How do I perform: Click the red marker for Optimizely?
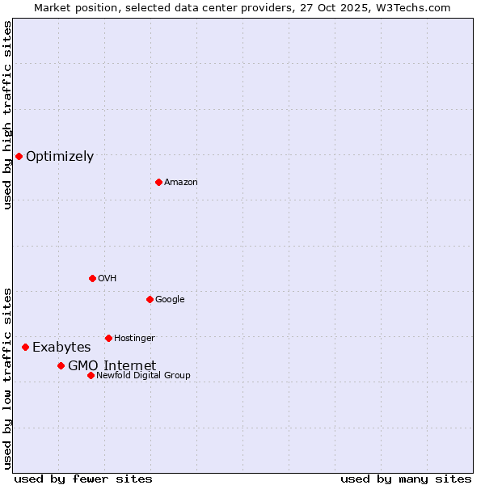pos(19,156)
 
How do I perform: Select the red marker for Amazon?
pos(158,182)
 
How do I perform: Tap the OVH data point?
pos(92,278)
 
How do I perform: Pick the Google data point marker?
pos(150,299)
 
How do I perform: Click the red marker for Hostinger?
pos(108,338)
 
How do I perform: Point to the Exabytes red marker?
pos(25,347)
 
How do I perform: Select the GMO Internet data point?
pos(61,365)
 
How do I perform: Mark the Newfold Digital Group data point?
pos(91,375)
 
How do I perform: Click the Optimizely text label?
pos(60,157)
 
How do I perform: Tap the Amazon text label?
pos(181,183)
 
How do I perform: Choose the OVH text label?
pos(108,279)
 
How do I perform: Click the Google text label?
pos(170,300)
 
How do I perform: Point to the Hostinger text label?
pos(134,339)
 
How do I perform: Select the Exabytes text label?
pos(61,348)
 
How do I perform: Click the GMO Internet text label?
pos(112,366)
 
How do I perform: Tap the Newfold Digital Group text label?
pos(143,376)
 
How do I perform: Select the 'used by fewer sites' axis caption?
pos(83,479)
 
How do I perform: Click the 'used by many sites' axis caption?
pos(406,479)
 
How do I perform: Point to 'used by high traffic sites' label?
pos(7,115)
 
